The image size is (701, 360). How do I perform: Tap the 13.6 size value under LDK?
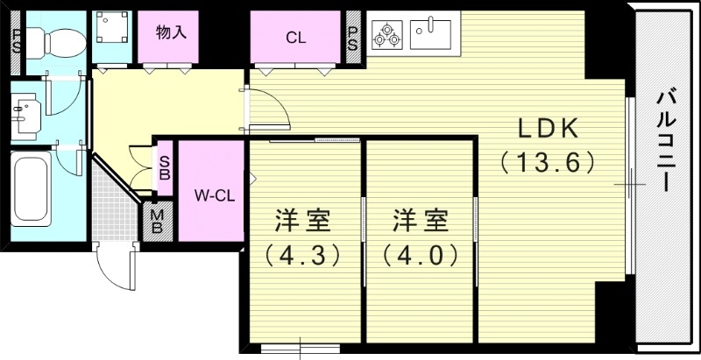pyautogui.click(x=549, y=163)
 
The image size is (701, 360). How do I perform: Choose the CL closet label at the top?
pyautogui.click(x=295, y=38)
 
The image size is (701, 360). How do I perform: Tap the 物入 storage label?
pyautogui.click(x=172, y=33)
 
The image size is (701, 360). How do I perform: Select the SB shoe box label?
pyautogui.click(x=164, y=167)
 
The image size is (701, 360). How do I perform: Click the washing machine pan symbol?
pyautogui.click(x=112, y=33)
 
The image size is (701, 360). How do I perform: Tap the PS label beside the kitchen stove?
pyautogui.click(x=353, y=38)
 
